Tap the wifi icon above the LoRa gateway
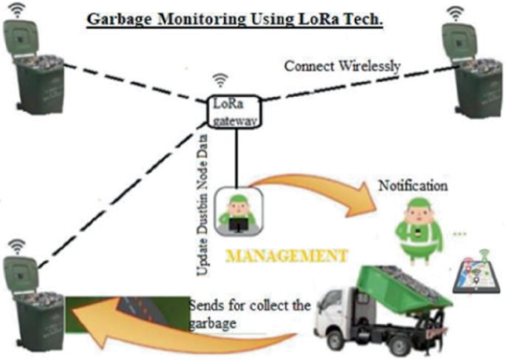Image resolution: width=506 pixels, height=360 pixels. (x=219, y=80)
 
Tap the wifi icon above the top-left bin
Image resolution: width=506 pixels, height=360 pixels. (x=17, y=10)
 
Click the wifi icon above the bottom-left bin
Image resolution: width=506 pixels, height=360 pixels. (x=16, y=245)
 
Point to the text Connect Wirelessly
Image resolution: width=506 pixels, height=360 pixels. (x=342, y=67)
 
